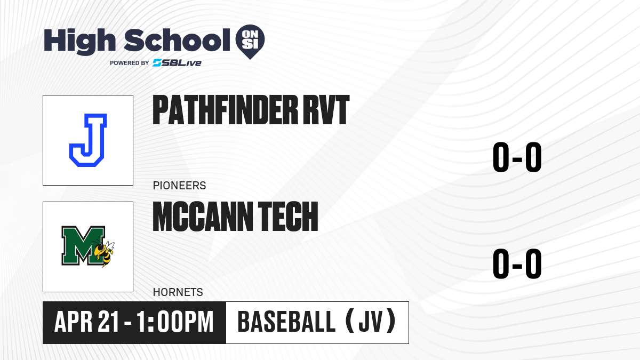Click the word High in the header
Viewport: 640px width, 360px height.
pos(79,41)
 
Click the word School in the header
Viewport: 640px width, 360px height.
pos(177,40)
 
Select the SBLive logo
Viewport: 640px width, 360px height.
pos(177,63)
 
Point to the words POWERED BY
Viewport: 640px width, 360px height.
pos(130,63)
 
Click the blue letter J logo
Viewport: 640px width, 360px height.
pos(88,140)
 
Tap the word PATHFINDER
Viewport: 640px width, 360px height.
pos(226,110)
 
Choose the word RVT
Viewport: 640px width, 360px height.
pos(326,110)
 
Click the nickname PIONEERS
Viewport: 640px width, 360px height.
pos(179,186)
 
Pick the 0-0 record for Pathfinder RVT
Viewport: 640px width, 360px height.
pos(517,157)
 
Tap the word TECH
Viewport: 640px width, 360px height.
pos(288,217)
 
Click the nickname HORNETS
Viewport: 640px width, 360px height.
pos(178,292)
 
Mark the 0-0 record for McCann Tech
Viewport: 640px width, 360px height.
pos(517,263)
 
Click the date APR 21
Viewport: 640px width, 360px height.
pos(86,322)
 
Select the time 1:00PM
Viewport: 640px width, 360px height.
pos(175,322)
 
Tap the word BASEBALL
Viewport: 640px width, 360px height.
pos(286,322)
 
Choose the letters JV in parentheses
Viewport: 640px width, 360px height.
pos(371,322)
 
